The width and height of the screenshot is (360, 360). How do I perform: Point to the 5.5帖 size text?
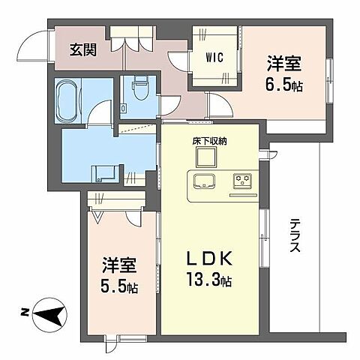click(x=121, y=286)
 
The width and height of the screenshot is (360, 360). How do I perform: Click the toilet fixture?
click(x=139, y=91)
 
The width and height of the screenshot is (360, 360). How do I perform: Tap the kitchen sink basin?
click(x=205, y=181)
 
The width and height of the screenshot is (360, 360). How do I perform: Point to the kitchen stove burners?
click(x=241, y=181)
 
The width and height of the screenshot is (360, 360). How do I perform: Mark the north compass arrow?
click(x=46, y=314)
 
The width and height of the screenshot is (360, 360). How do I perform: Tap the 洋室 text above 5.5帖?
click(x=121, y=266)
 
